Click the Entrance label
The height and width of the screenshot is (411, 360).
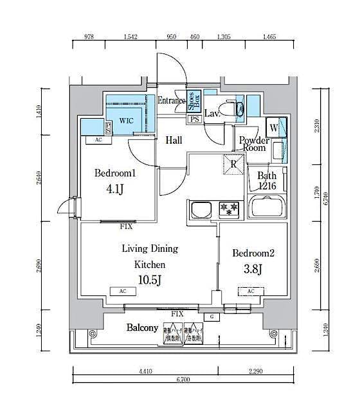click(x=172, y=101)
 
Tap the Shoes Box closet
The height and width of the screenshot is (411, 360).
click(x=194, y=101)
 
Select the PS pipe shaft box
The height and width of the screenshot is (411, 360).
click(x=194, y=119)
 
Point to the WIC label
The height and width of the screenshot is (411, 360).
click(x=126, y=120)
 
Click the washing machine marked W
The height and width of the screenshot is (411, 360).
click(x=274, y=127)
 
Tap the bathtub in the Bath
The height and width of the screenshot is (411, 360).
click(x=267, y=207)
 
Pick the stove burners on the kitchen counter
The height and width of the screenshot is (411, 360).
click(x=229, y=209)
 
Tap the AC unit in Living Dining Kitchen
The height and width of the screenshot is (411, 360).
click(x=122, y=291)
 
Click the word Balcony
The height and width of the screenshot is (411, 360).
click(x=142, y=328)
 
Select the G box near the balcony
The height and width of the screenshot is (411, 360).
click(x=210, y=317)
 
